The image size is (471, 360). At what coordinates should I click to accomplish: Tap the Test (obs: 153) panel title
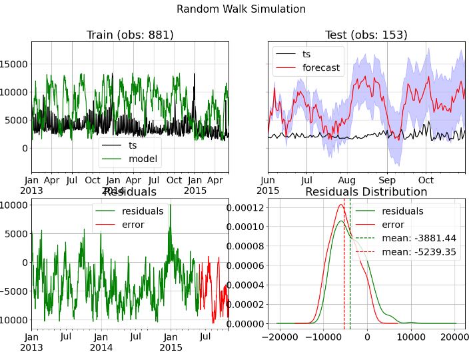coord(366,35)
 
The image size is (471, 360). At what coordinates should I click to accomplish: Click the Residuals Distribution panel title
coord(366,192)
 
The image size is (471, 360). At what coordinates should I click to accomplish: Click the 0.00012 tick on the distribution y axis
coord(244,208)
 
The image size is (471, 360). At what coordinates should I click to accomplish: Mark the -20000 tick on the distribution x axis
coord(276,337)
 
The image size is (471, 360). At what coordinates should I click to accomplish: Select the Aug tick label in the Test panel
coord(346,180)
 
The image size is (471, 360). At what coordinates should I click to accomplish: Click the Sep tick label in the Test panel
coord(387,180)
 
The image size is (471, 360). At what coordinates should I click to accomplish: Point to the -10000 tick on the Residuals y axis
coord(12,320)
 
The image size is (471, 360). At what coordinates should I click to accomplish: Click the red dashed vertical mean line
coord(344,280)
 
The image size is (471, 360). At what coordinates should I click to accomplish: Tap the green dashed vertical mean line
coord(350,280)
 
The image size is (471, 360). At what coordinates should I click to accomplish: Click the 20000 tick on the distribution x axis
coord(456,337)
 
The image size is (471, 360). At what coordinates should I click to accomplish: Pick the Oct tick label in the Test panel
coord(426,180)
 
